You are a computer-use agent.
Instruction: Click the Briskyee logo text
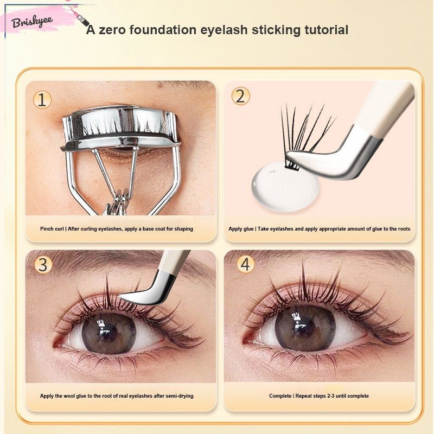click(x=32, y=22)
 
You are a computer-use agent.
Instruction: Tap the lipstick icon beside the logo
click(x=83, y=20)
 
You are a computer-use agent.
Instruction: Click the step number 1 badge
click(x=42, y=100)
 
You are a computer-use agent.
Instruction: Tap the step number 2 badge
click(x=240, y=97)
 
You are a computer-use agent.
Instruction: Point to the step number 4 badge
click(x=246, y=264)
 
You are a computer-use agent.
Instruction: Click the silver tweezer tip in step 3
click(x=125, y=297)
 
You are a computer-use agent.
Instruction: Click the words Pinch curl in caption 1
click(x=52, y=229)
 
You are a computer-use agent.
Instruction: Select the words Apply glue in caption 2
click(x=241, y=229)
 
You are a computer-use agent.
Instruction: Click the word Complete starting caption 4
click(x=280, y=396)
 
